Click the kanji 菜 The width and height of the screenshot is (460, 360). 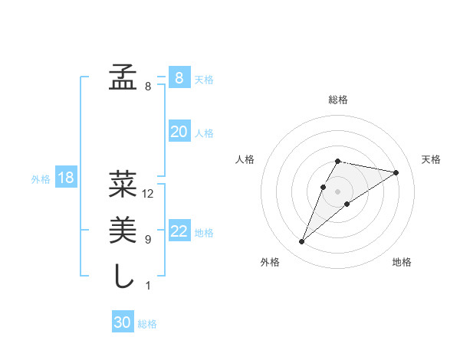tap(123, 185)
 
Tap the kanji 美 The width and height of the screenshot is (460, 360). tap(123, 229)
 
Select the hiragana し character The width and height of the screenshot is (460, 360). tap(123, 275)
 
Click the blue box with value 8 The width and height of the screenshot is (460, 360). tap(179, 77)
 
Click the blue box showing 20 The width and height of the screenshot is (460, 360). tap(179, 132)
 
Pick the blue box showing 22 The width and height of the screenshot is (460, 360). tap(179, 231)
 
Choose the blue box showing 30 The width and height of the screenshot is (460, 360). tap(123, 322)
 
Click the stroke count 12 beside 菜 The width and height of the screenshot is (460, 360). tap(149, 194)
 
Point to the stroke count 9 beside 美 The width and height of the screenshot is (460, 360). tap(148, 240)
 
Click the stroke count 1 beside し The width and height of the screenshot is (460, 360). tap(148, 286)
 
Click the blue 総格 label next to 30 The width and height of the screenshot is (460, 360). tap(147, 324)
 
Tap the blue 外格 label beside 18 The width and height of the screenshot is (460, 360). tap(41, 179)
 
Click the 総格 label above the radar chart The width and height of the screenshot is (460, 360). tap(338, 100)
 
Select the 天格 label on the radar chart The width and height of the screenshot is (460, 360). tap(431, 159)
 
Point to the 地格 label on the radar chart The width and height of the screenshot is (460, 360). tap(402, 262)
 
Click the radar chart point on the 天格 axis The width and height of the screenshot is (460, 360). tap(396, 172)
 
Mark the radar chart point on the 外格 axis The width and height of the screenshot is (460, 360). tap(302, 242)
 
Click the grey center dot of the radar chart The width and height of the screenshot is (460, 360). tap(337, 191)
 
